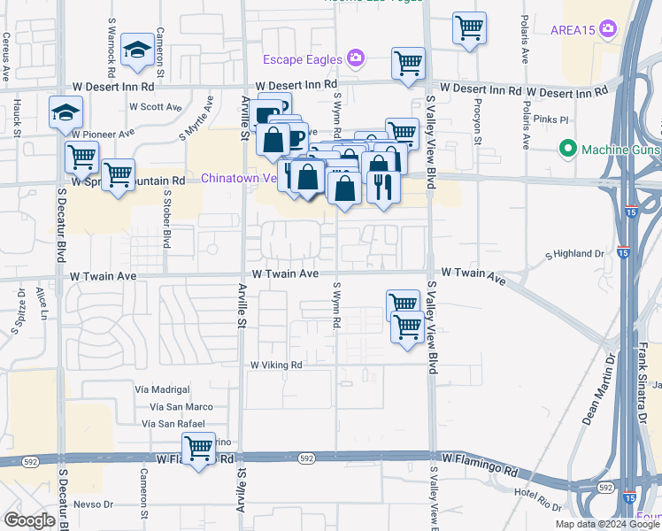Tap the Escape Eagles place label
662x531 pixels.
pos(302,59)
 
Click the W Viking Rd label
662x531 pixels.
pos(276,365)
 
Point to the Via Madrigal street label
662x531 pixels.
pos(162,389)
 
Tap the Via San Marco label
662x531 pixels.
pos(181,406)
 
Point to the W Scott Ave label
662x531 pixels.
pos(155,107)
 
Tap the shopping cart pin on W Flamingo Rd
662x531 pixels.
pos(199,449)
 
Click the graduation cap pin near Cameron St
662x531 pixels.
pos(137,51)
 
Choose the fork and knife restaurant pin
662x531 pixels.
pos(382,187)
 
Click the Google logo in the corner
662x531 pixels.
pos(29,520)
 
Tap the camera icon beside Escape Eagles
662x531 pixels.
pos(355,58)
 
